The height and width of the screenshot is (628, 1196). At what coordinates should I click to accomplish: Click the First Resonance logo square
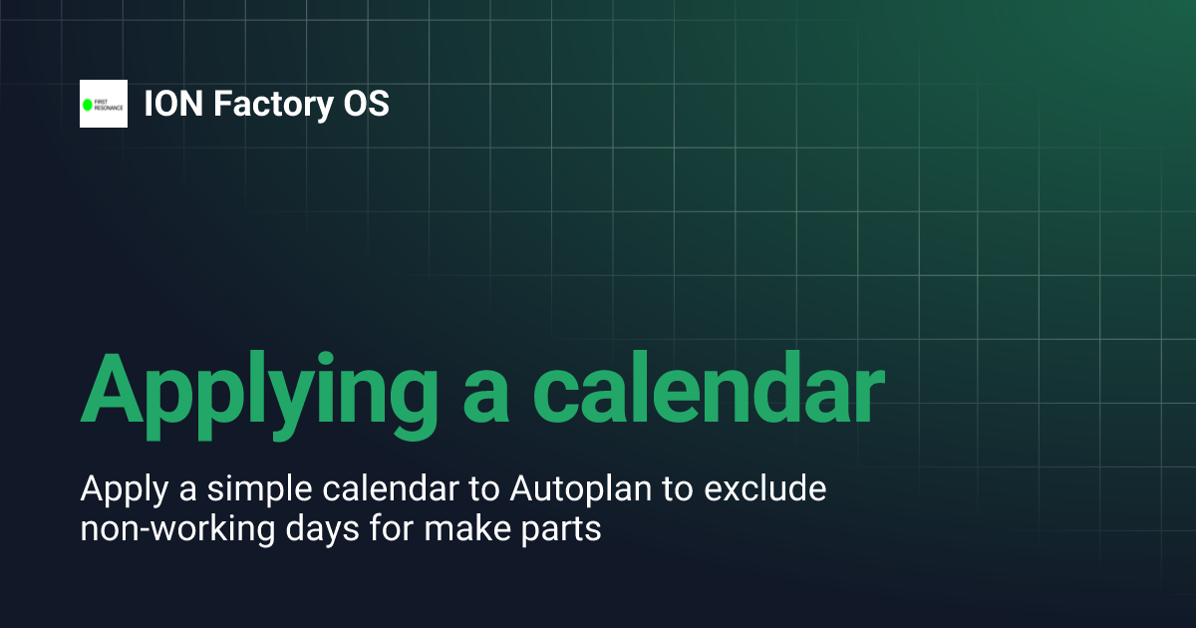[x=104, y=104]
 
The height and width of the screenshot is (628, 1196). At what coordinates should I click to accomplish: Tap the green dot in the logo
[x=87, y=104]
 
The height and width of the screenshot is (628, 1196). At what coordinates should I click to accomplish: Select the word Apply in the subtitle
[x=111, y=490]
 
